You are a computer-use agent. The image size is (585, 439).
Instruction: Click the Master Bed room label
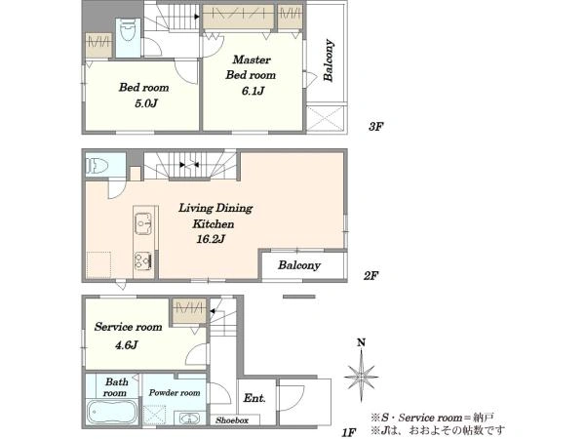click(251, 67)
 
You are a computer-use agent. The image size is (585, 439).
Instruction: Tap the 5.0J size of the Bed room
click(146, 103)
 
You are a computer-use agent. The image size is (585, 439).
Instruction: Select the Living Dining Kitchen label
click(215, 216)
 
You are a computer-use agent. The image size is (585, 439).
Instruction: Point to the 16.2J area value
click(211, 239)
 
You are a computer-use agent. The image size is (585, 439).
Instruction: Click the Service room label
click(128, 327)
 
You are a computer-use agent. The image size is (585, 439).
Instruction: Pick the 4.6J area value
click(127, 344)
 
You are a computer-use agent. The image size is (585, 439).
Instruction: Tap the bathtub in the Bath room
click(111, 412)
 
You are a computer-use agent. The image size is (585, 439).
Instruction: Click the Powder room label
click(175, 392)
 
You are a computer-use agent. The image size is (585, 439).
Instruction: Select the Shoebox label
click(232, 420)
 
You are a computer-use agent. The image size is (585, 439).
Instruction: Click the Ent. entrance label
click(254, 398)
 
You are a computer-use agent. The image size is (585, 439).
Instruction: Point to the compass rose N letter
click(361, 342)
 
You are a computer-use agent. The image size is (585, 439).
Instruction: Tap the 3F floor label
click(376, 127)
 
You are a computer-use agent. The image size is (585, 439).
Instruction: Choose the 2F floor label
click(370, 276)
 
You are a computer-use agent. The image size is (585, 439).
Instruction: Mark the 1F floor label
click(350, 432)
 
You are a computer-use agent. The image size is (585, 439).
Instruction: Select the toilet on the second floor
click(97, 166)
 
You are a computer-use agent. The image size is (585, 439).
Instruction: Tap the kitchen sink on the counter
click(143, 223)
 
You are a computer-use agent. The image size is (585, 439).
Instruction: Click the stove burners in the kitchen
click(143, 260)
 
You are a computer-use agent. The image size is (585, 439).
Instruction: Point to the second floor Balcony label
click(299, 265)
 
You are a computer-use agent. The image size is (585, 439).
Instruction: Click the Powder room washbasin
click(190, 419)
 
